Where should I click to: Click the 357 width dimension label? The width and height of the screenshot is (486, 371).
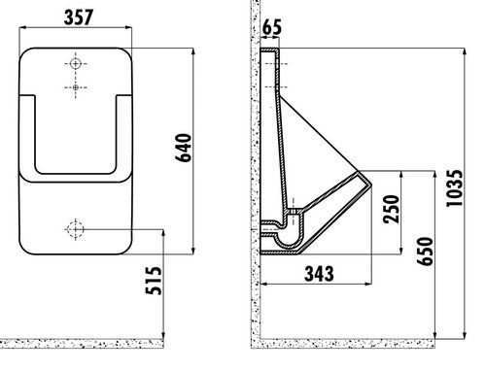(79, 17)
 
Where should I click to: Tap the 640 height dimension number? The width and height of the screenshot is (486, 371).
(184, 148)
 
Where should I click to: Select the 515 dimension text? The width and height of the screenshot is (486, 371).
(154, 281)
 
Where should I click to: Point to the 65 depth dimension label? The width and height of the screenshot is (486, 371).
(271, 27)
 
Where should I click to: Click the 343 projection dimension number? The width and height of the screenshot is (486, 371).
(319, 274)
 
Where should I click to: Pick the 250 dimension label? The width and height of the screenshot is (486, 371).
(391, 209)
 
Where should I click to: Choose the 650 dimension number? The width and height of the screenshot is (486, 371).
(425, 252)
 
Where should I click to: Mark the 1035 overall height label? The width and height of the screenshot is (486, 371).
(455, 188)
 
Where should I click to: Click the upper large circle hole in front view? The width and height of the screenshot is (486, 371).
(76, 63)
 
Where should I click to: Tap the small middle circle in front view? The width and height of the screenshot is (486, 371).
(76, 87)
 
